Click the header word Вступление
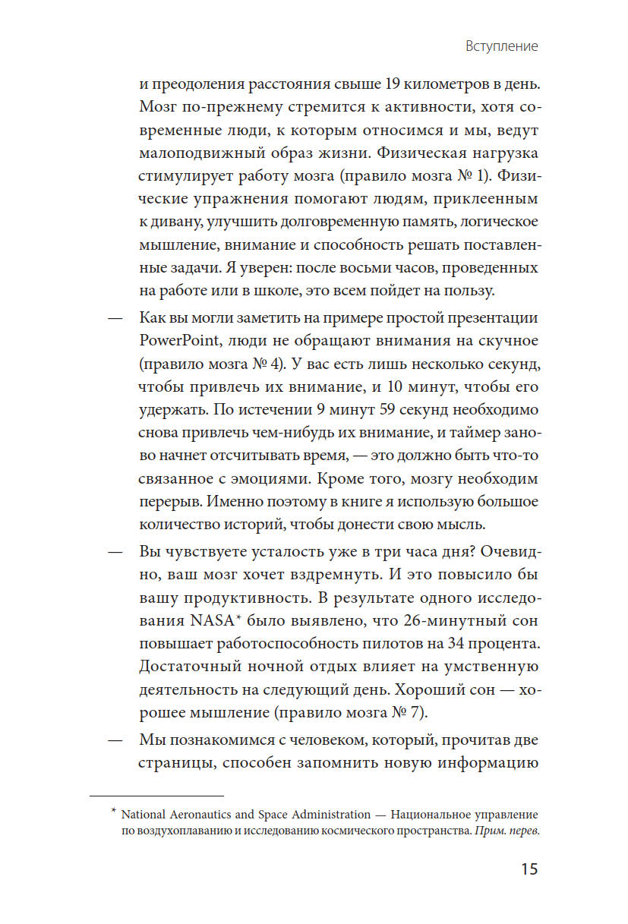pos(501,46)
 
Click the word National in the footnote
pos(148,815)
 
